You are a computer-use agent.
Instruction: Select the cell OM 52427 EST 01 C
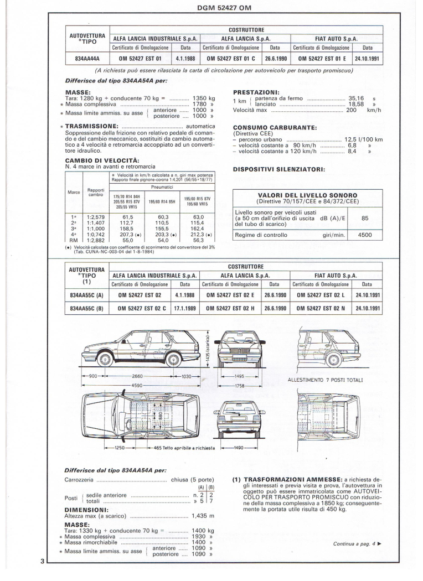[x=230, y=57]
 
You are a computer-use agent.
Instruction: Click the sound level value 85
[x=364, y=219]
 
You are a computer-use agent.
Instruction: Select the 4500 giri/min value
[x=364, y=235]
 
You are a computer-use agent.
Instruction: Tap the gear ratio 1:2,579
[x=93, y=217]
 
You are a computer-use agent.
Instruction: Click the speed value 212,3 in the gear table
[x=198, y=236]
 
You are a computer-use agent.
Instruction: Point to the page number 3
[x=42, y=562]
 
